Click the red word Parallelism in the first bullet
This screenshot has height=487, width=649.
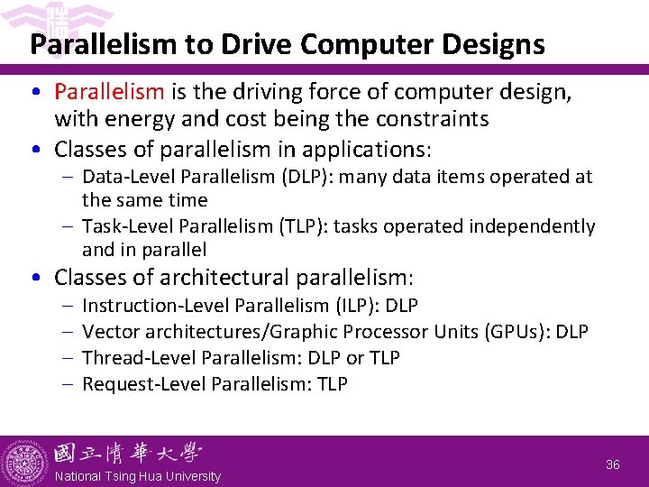point(109,92)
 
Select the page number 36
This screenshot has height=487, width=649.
point(613,464)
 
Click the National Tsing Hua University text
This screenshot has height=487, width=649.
point(137,476)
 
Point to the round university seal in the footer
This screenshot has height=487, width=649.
point(24,462)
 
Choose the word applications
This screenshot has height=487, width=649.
point(354,148)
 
